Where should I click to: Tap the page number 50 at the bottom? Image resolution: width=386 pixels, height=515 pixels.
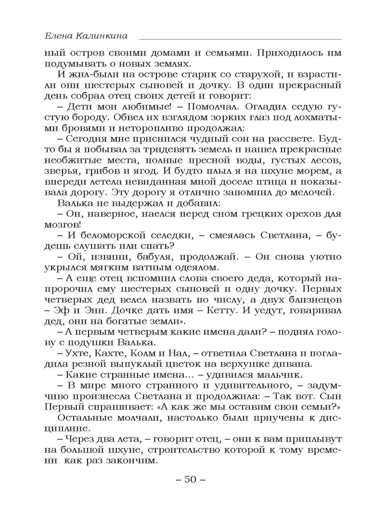tap(190, 479)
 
